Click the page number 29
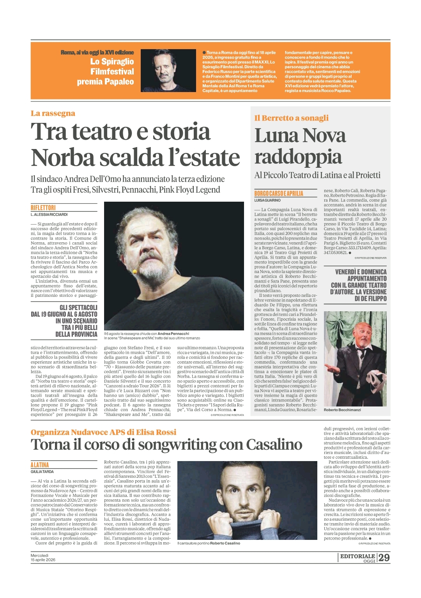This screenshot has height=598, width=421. (384, 557)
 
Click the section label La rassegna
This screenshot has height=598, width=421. (53, 114)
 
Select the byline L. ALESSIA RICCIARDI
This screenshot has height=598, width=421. (49, 215)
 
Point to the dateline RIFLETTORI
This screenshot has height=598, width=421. (43, 208)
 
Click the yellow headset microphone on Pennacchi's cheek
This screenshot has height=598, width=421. (135, 271)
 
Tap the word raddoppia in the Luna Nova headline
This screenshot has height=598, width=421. (298, 157)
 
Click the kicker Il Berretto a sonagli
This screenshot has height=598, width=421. (291, 118)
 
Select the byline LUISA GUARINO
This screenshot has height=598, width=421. (267, 200)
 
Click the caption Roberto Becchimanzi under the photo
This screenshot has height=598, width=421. (342, 410)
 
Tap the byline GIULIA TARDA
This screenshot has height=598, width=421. (42, 472)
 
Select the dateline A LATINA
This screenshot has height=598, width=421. (40, 465)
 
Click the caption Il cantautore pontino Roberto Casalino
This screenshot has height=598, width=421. (209, 543)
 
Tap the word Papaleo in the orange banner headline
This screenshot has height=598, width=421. (117, 82)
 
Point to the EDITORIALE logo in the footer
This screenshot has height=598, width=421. (357, 556)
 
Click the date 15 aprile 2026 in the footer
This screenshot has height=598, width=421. (43, 560)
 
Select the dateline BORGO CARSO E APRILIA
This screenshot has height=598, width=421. (279, 193)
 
